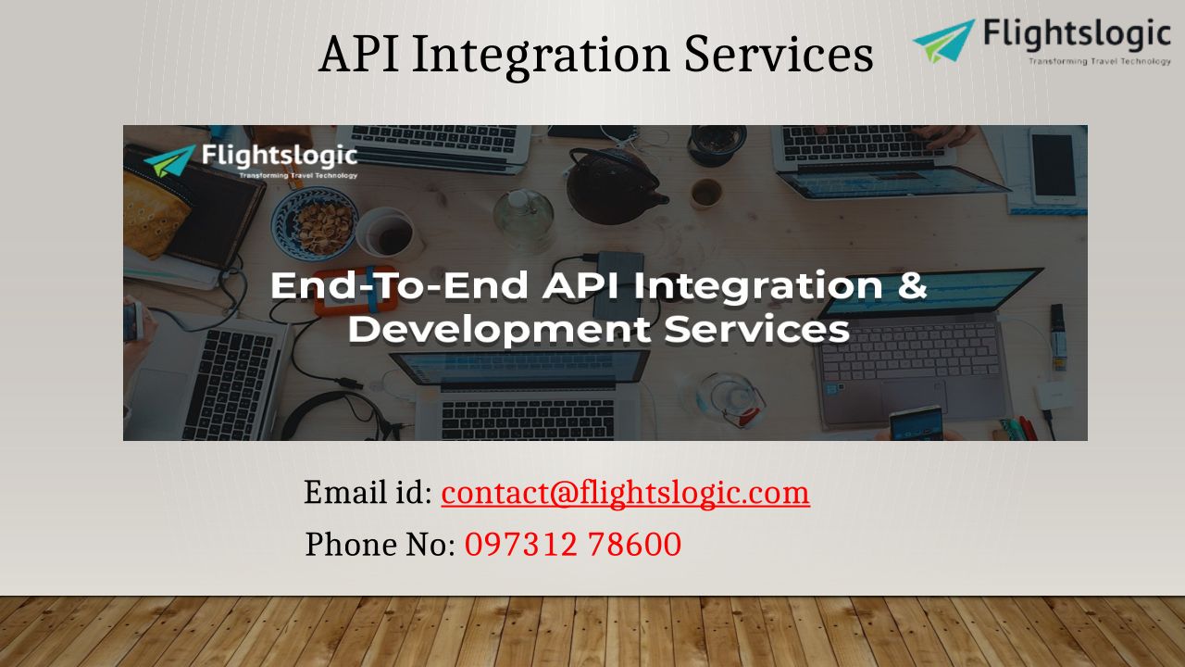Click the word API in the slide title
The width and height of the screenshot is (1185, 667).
coord(359,54)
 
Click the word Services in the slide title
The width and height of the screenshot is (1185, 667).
coord(779,54)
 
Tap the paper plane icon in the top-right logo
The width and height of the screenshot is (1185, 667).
coord(943,41)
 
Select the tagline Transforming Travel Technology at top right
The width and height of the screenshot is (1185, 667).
coord(1099,61)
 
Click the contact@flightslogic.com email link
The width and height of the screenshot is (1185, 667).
coord(625,493)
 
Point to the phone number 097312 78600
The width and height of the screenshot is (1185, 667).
coord(573,544)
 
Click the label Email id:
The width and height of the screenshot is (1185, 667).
coord(368,492)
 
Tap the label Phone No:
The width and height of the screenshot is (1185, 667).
coord(380,544)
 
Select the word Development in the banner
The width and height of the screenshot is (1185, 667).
coord(499,329)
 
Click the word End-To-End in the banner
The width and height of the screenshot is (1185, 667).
coord(399,285)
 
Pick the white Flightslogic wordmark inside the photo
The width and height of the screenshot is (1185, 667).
coord(280,156)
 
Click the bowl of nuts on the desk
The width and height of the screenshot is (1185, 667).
coord(315,222)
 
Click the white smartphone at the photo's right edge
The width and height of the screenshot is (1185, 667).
coord(1054,166)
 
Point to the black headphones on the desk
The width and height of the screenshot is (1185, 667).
coord(339,417)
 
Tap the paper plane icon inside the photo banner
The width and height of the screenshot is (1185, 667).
coord(169,160)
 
